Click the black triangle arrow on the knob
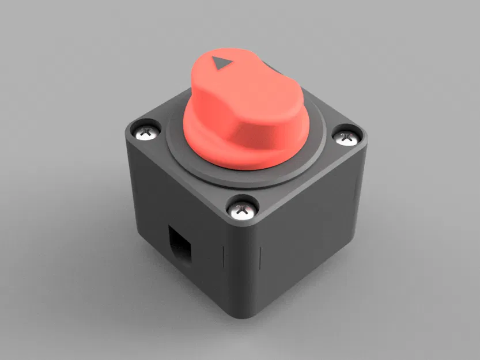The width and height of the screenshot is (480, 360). coord(220,63)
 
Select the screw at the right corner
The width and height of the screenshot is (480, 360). coord(346,137)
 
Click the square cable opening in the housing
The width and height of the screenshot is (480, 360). coord(179,245)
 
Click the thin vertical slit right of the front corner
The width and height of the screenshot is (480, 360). coord(263,254)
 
